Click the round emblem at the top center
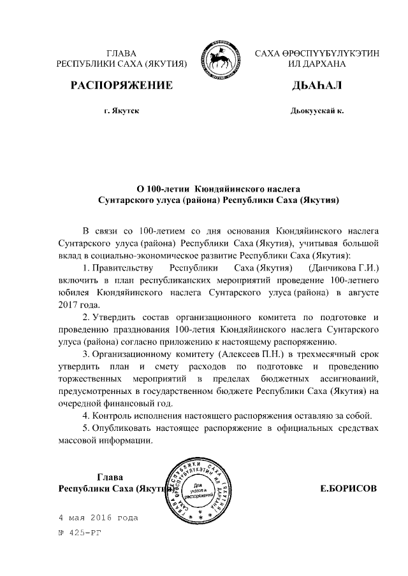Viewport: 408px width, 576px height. [221, 58]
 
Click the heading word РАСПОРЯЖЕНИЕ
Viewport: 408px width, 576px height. [121, 85]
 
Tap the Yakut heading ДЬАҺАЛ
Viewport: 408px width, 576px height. [316, 85]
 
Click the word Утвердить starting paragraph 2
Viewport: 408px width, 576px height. [113, 317]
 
